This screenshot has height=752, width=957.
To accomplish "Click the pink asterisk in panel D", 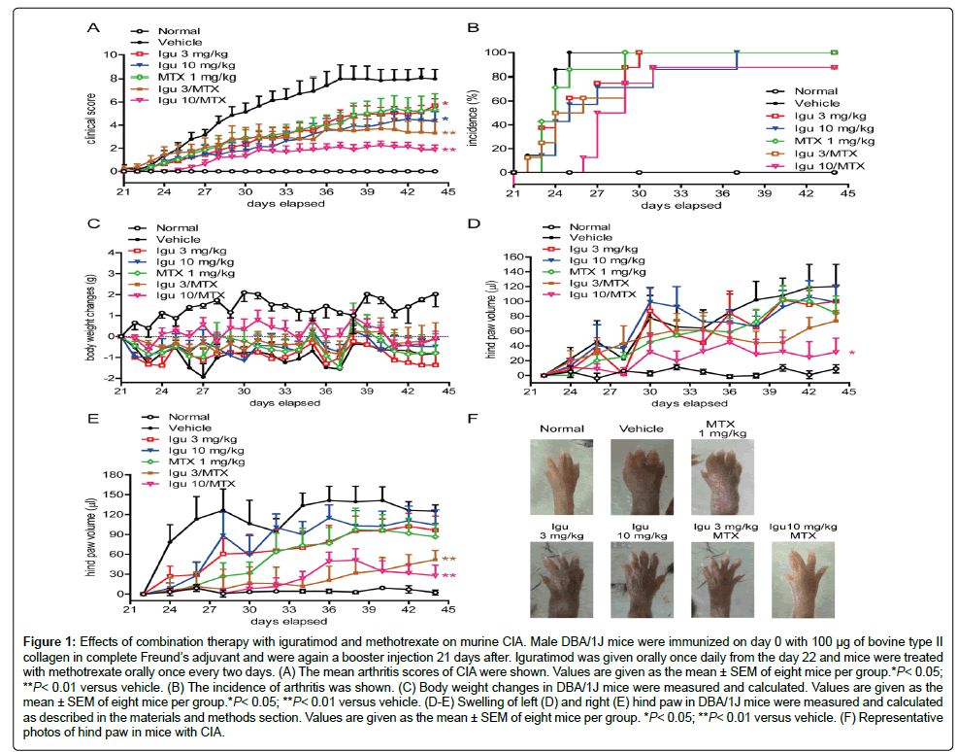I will (850, 353).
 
